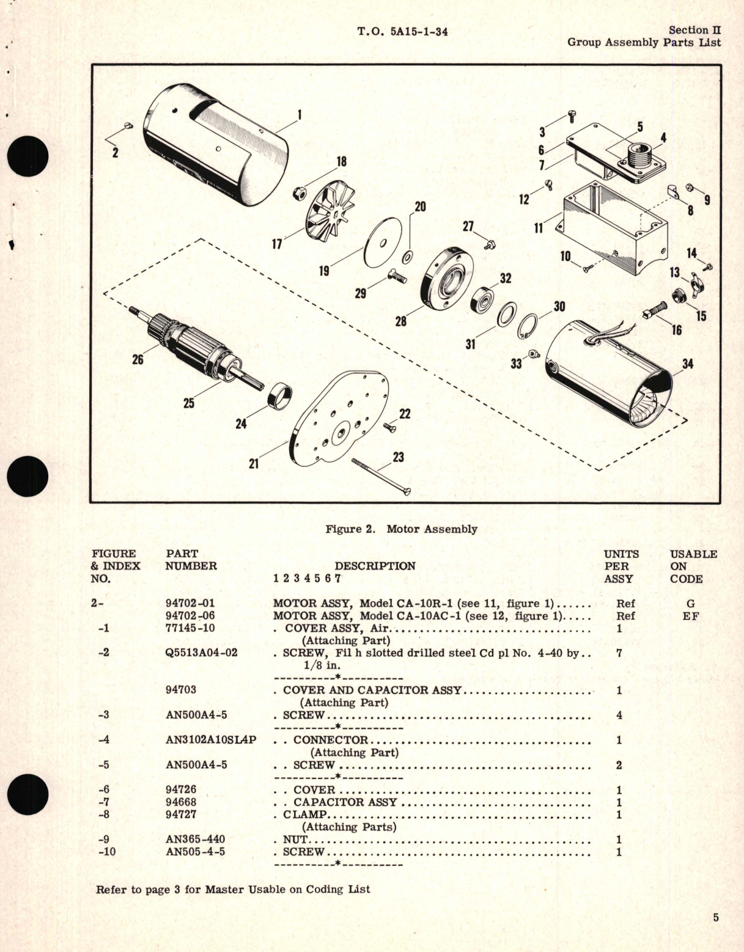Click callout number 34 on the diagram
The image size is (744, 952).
(x=688, y=364)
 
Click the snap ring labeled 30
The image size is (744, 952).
(x=529, y=325)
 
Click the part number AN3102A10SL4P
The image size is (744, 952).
(x=210, y=740)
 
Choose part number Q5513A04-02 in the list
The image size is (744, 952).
(x=201, y=653)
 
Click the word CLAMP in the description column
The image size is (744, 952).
(x=304, y=815)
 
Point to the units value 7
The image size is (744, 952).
(x=619, y=653)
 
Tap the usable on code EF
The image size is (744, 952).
(x=690, y=616)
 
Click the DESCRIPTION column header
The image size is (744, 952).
(x=375, y=566)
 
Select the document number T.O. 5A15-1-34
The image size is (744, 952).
(x=402, y=31)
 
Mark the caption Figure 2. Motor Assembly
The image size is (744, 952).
(x=401, y=529)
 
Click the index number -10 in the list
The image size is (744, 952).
(x=106, y=851)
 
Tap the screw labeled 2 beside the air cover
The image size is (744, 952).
(x=128, y=126)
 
